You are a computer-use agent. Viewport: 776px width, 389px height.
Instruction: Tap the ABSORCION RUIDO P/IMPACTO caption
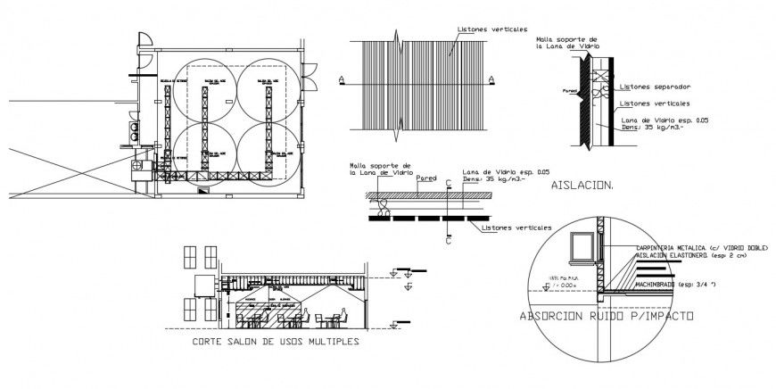tap(608, 317)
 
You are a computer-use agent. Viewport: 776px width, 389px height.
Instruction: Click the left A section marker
tap(341, 80)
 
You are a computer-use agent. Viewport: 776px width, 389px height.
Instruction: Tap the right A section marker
tap(492, 80)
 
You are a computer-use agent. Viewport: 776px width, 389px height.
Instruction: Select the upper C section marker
tap(447, 182)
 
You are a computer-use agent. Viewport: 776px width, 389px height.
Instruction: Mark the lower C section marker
tap(447, 240)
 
